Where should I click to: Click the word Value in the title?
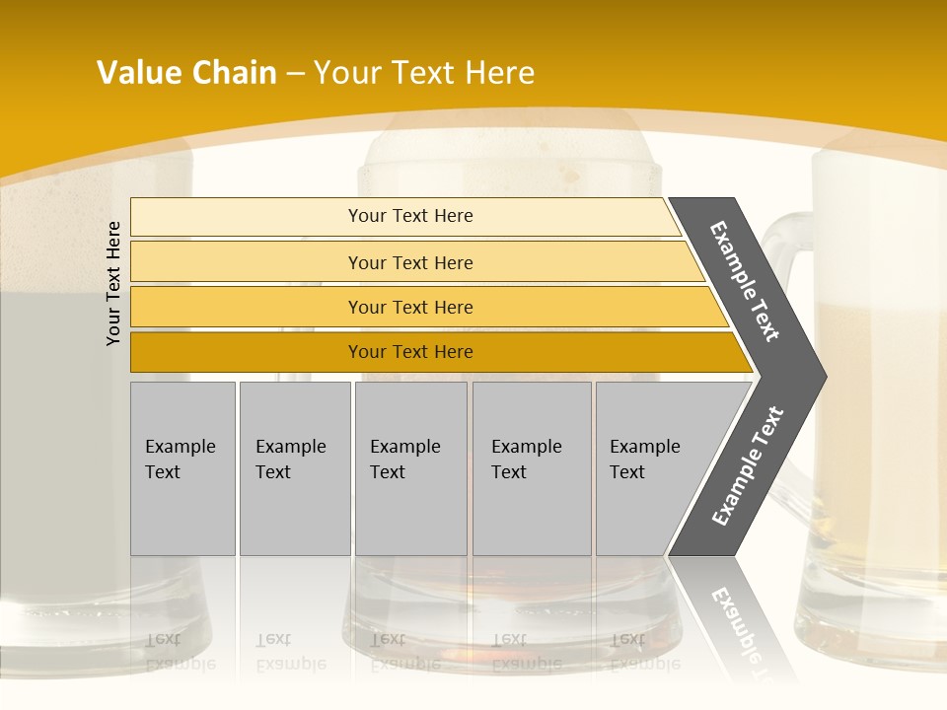pos(137,73)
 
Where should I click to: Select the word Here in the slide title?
pos(499,73)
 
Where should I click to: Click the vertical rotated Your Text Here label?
pos(113,283)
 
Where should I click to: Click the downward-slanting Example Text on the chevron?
pos(746,281)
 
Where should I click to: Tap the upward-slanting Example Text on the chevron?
pos(747,466)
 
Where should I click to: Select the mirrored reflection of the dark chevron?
pos(735,616)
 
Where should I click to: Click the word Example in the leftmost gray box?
pos(180,447)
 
